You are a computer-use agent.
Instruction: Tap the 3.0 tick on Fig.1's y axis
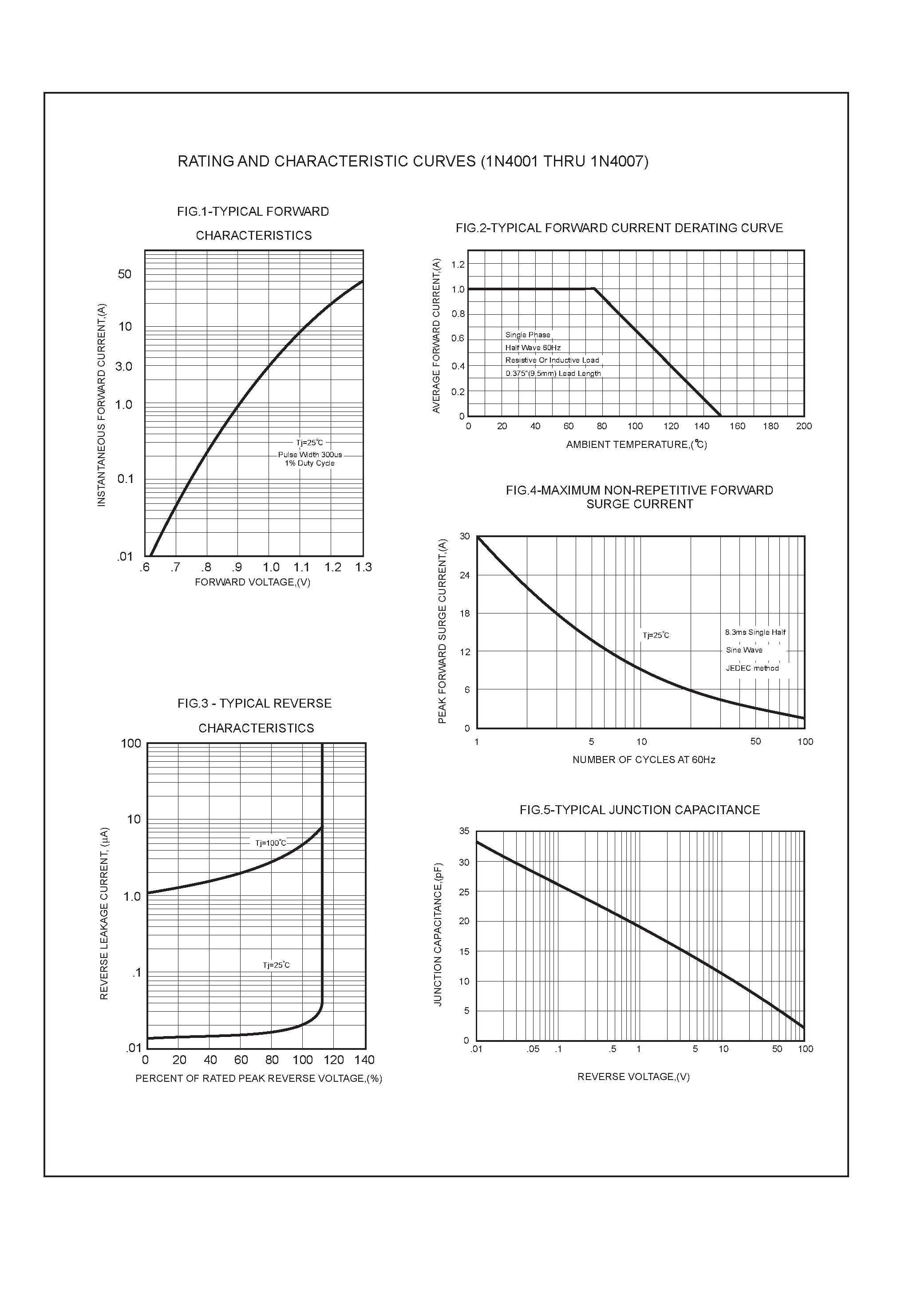tap(123, 366)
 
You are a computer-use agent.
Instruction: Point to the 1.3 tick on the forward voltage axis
tap(364, 567)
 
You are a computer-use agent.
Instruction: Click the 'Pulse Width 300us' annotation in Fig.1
tap(310, 455)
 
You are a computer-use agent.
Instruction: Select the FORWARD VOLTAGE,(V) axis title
tap(252, 582)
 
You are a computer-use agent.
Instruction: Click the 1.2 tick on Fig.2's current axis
tap(458, 265)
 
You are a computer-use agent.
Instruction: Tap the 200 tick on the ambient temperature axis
tap(803, 426)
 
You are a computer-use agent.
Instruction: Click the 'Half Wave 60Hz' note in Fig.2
tap(533, 348)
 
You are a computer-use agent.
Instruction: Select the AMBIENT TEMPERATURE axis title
tap(636, 444)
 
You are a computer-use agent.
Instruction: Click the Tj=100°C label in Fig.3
tap(271, 843)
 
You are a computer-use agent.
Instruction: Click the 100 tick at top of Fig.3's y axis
tap(131, 744)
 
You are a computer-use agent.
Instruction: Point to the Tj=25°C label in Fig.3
tap(276, 965)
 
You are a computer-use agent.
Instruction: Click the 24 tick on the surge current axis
tap(465, 575)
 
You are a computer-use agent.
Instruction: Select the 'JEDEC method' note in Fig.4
tap(752, 668)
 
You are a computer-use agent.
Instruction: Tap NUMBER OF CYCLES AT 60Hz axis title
tap(644, 760)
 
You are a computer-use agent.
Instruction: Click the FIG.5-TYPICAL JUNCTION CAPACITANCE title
tap(640, 810)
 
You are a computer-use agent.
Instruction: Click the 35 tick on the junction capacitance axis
tap(464, 831)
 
